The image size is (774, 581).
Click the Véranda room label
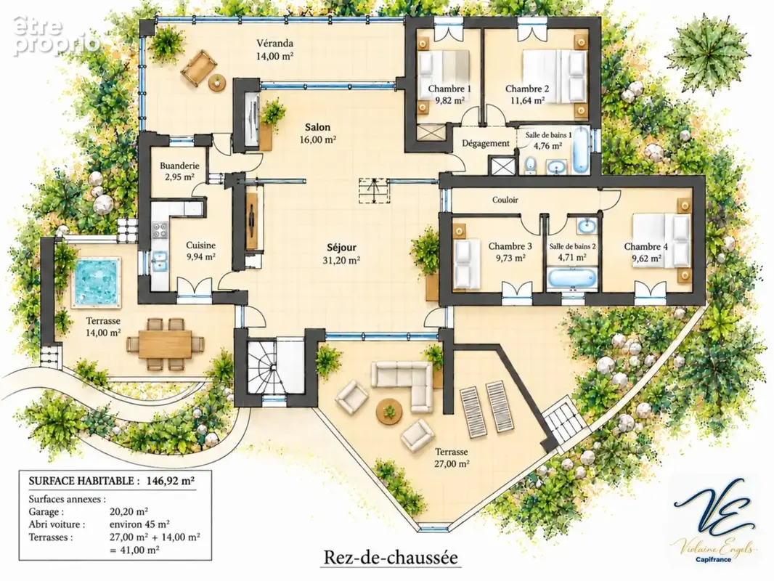[x=275, y=43]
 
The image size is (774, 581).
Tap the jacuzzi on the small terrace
[x=97, y=282]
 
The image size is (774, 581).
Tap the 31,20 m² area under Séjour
[x=341, y=260]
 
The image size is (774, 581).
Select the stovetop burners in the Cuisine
[x=160, y=229]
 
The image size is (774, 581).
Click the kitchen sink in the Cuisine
[x=160, y=261]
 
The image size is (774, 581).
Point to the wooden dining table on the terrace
[x=166, y=344]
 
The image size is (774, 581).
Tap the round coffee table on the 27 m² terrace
[x=389, y=411]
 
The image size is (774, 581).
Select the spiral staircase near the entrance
[x=260, y=366]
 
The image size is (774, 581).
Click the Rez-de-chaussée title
[x=391, y=557]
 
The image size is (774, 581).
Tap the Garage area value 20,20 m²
[x=129, y=511]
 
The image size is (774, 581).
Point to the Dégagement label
[x=486, y=144]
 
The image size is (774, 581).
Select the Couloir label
[x=505, y=200]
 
